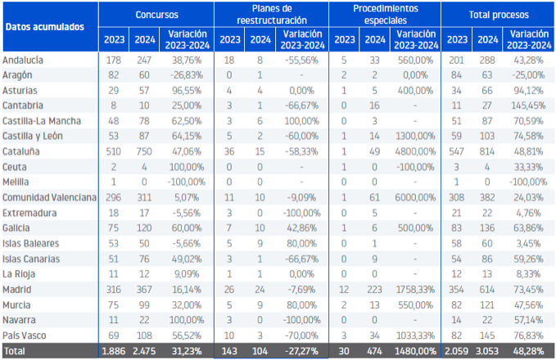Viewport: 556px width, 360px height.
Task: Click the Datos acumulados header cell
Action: click(45, 27)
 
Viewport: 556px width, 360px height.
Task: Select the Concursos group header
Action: click(156, 15)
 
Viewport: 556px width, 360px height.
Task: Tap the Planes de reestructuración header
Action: click(272, 15)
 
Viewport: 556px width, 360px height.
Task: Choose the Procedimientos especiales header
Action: click(386, 15)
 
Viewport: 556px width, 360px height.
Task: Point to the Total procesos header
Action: click(499, 15)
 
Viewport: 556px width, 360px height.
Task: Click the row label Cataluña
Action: click(21, 151)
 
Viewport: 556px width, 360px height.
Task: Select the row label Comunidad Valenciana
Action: click(49, 197)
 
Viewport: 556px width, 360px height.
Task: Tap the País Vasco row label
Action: click(24, 335)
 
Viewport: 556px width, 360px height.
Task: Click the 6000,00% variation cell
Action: click(415, 197)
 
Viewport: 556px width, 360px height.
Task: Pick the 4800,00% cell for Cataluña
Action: click(415, 151)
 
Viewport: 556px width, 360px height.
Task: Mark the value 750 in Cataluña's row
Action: click(144, 151)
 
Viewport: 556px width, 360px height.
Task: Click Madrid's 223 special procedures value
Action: click(374, 290)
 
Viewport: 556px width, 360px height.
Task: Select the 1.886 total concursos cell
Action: click(114, 351)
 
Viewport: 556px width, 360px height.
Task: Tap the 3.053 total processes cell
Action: click(487, 351)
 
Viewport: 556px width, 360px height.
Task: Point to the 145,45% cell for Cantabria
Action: click(528, 106)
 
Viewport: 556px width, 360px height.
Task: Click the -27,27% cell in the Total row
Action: click(302, 351)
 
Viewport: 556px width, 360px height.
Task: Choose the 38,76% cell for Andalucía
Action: click(187, 61)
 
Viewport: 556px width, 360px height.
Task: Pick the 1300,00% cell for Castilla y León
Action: click(415, 136)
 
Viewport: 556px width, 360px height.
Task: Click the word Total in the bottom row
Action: click(14, 351)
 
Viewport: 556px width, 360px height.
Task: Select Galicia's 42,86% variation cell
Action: click(302, 227)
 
